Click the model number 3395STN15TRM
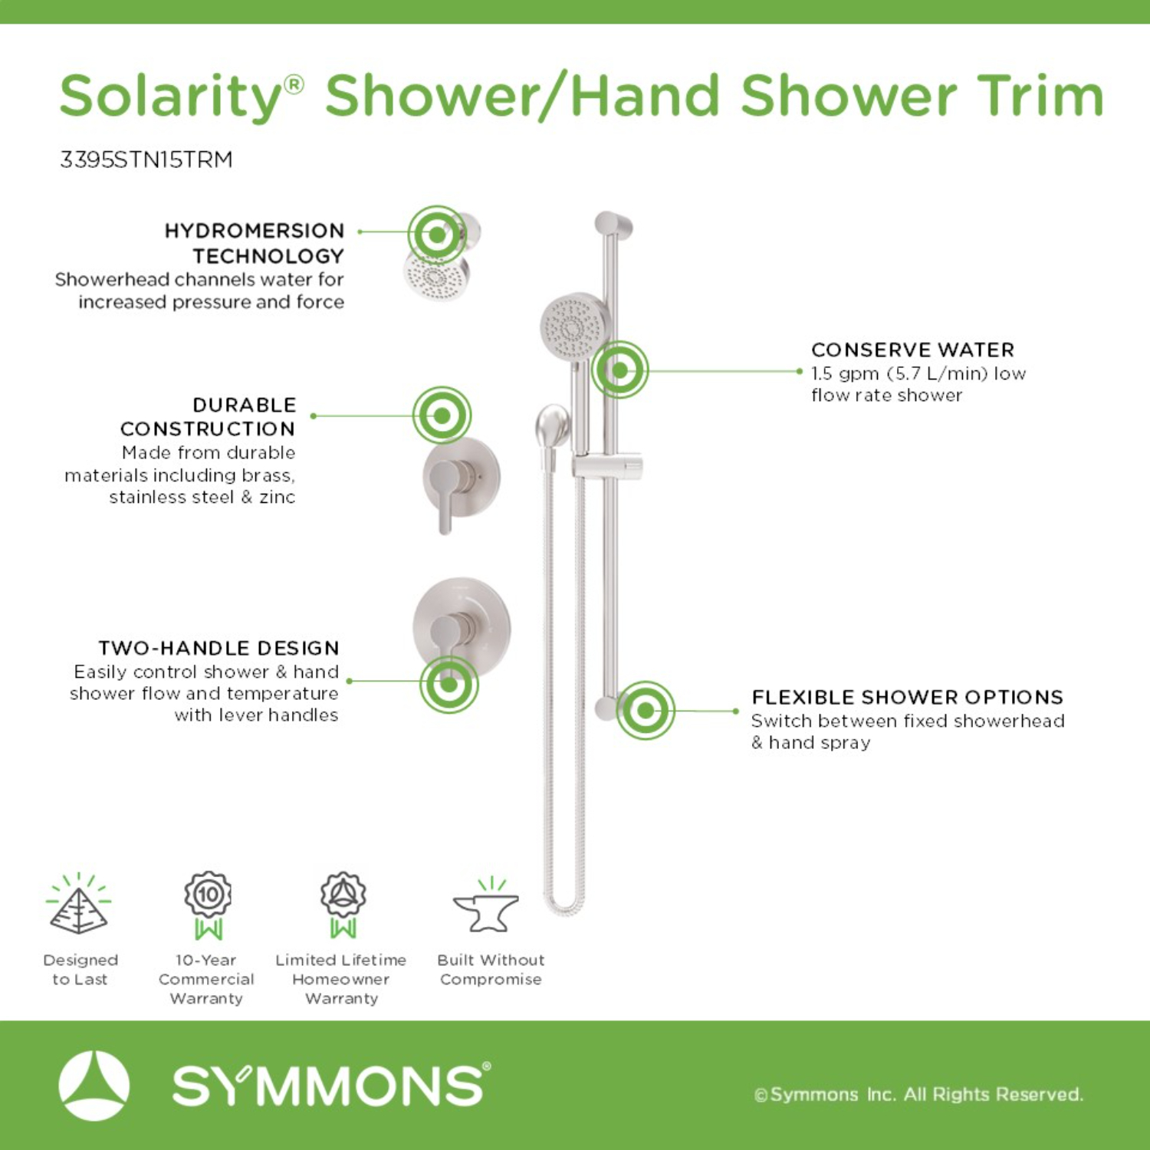point(146,159)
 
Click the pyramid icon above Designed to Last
point(79,904)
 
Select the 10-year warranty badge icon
point(208,905)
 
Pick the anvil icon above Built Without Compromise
point(488,906)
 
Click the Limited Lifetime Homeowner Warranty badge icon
point(343,905)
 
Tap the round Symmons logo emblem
point(94,1086)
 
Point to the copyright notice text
point(918,1095)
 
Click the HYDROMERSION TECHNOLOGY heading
point(255,243)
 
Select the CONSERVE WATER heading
point(912,350)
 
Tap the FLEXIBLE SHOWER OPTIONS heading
point(907,698)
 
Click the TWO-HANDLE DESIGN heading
point(219,649)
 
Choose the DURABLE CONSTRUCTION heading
point(208,416)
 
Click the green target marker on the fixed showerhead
point(436,235)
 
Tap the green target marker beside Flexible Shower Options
point(646,711)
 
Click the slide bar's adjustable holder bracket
point(607,466)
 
